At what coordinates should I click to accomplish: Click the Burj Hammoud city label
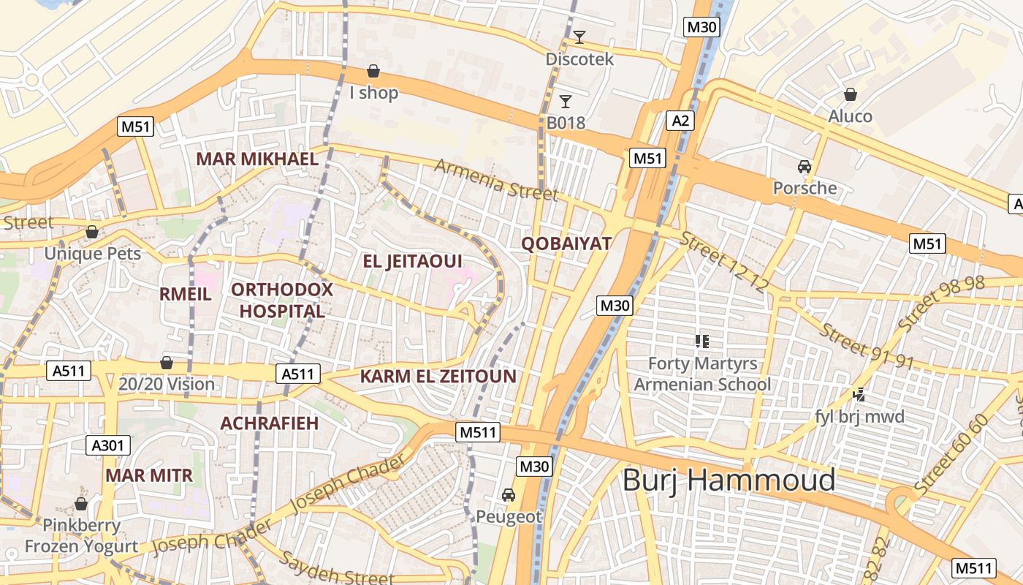[729, 480]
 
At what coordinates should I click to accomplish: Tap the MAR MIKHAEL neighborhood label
[257, 159]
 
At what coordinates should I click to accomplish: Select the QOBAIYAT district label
[566, 244]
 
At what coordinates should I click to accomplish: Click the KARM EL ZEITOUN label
[438, 377]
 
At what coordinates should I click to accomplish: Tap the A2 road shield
[680, 121]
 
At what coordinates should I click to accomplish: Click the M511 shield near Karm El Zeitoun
[479, 432]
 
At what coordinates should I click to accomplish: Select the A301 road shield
[109, 445]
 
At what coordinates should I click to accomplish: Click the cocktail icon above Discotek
[579, 37]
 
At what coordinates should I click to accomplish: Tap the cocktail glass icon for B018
[565, 101]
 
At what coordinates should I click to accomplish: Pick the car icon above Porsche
[805, 167]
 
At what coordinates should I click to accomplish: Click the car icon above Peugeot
[509, 495]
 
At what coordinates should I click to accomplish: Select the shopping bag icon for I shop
[373, 71]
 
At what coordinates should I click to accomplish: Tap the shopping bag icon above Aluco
[850, 94]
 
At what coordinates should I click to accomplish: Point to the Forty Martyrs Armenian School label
[702, 374]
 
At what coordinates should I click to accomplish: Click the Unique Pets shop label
[92, 254]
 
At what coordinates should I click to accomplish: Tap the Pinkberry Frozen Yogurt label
[81, 535]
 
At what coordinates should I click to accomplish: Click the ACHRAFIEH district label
[269, 423]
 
